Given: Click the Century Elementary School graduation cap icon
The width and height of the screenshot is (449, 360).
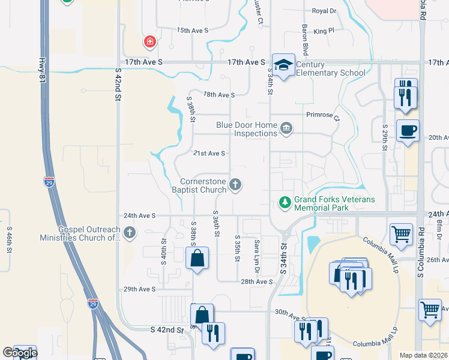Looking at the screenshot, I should pyautogui.click(x=283, y=64).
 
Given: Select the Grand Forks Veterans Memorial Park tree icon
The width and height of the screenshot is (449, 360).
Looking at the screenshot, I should pyautogui.click(x=286, y=203).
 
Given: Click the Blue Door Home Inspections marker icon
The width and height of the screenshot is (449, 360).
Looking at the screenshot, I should pyautogui.click(x=286, y=128).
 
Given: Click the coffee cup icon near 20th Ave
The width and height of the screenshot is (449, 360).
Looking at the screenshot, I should pyautogui.click(x=408, y=130).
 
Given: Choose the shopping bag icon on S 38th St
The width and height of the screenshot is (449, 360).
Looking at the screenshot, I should pyautogui.click(x=197, y=259).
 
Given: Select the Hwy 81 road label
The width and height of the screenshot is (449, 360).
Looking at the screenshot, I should pyautogui.click(x=41, y=66).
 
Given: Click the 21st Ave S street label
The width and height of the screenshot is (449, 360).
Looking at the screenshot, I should pyautogui.click(x=209, y=154).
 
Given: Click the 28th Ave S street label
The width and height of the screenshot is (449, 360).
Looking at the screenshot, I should pyautogui.click(x=257, y=281).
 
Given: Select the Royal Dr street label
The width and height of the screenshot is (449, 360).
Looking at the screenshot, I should pyautogui.click(x=325, y=11).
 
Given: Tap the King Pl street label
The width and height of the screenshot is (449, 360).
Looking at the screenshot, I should pyautogui.click(x=323, y=30).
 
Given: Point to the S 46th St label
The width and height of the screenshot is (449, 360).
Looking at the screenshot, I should pyautogui.click(x=10, y=238).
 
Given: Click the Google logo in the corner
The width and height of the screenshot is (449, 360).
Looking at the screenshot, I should pyautogui.click(x=20, y=353).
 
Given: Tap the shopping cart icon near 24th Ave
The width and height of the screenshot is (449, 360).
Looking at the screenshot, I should pyautogui.click(x=400, y=235).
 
